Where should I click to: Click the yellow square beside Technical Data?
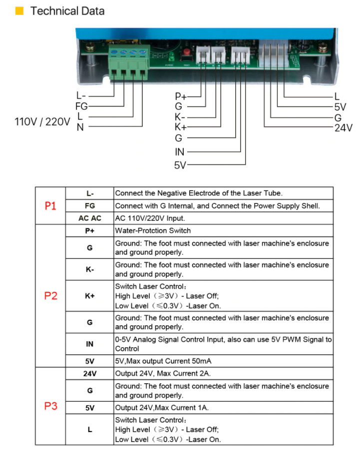point(19,11)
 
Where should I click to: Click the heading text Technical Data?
point(67,11)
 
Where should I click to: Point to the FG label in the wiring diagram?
point(81,106)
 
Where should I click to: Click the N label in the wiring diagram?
point(80,127)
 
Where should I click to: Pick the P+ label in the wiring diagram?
point(180,96)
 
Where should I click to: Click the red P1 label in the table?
point(50,206)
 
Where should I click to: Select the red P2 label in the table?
point(50,296)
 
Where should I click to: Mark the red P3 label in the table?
point(50,406)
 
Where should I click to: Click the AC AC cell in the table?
point(90,219)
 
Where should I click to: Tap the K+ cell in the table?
point(90,296)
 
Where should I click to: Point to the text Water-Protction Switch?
point(153,230)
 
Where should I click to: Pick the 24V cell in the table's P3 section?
point(90,373)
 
